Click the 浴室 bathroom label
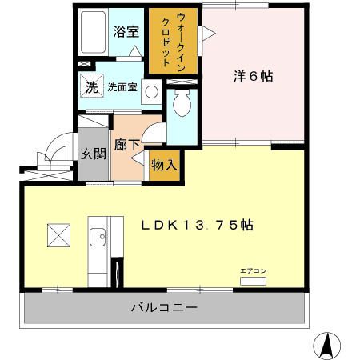[126, 33]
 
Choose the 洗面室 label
[121, 88]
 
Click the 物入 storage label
[165, 165]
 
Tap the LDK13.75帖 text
[198, 226]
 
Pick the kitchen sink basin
[98, 236]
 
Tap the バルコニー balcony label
[164, 307]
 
